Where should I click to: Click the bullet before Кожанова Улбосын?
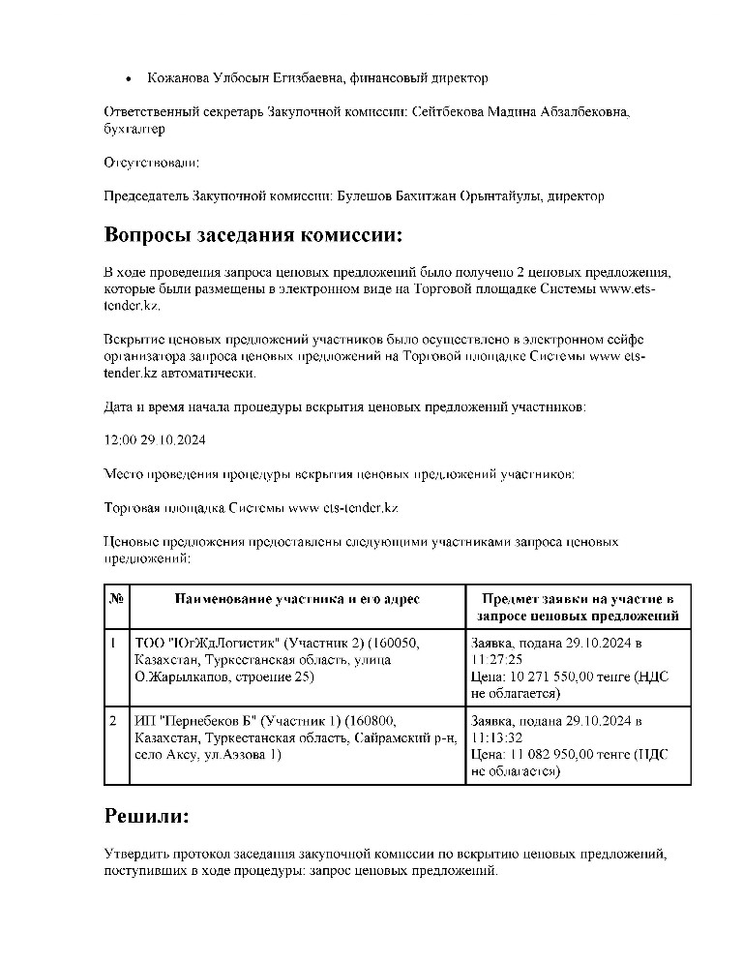(129, 77)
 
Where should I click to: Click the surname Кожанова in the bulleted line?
(176, 77)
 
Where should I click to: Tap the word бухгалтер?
(134, 128)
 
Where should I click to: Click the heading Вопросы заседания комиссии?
(252, 236)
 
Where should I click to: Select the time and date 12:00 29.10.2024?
(155, 439)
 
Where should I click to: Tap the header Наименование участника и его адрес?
(297, 599)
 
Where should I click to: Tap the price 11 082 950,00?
(551, 755)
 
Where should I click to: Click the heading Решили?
(146, 816)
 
